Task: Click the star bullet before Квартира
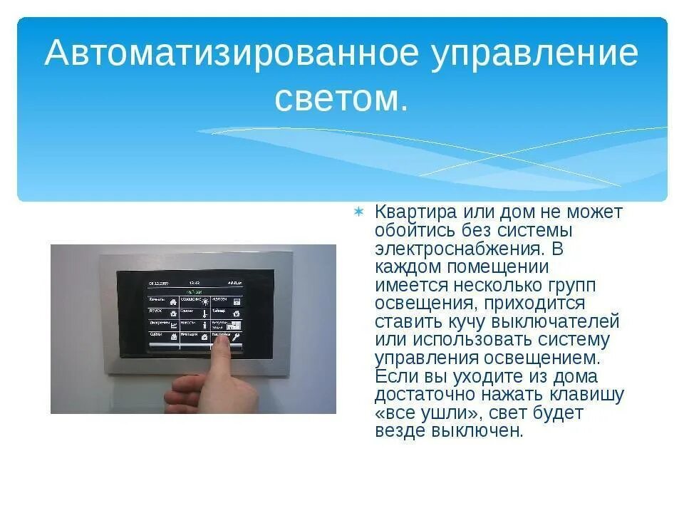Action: (x=360, y=212)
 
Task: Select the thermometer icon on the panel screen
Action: (x=206, y=313)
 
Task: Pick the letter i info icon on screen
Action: (x=205, y=324)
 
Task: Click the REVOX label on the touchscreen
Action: (x=157, y=311)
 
